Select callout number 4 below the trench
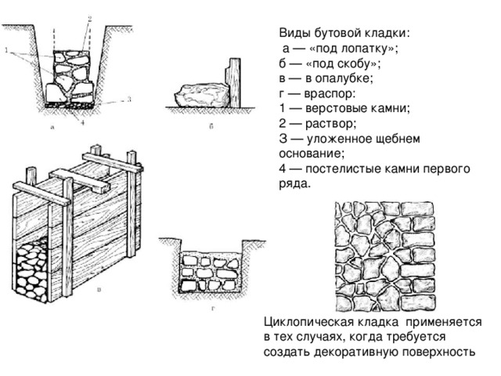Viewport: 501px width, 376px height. (x=82, y=121)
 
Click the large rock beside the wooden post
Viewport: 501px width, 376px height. (x=201, y=95)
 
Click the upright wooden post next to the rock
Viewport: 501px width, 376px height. (x=232, y=81)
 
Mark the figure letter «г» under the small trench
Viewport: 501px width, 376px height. (x=213, y=308)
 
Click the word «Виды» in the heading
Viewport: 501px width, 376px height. (x=294, y=34)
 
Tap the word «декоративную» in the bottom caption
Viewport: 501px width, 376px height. (x=359, y=352)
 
